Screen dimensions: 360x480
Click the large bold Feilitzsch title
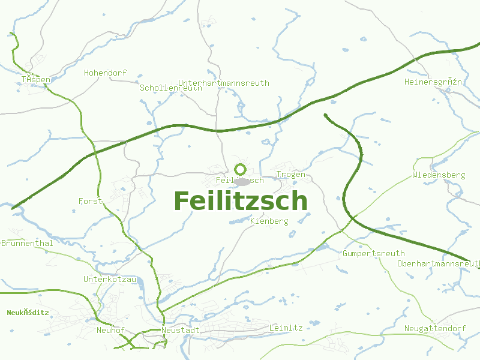coord(241,201)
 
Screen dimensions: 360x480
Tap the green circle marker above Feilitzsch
coord(241,169)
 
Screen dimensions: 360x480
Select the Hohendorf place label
coord(105,73)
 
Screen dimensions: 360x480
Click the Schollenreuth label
coord(170,88)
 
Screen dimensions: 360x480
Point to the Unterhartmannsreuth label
coord(224,83)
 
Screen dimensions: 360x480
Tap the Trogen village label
coord(291,175)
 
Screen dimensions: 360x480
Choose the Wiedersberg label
coord(439,175)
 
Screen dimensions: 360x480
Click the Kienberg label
coord(269,221)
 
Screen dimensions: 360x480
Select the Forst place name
coord(91,201)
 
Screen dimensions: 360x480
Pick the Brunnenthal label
coord(27,243)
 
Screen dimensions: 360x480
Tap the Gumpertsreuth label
coord(374,253)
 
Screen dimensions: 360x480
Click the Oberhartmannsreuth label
coord(439,263)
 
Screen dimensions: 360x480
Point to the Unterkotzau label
coord(110,279)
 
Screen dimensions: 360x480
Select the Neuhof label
coord(110,330)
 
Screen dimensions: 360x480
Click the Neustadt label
coord(181,330)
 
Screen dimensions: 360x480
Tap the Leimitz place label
coord(286,328)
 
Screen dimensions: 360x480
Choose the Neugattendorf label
coord(435,328)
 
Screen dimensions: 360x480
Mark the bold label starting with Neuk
coord(28,312)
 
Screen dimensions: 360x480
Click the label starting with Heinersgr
coord(433,81)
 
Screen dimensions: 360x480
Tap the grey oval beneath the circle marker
coord(241,181)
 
